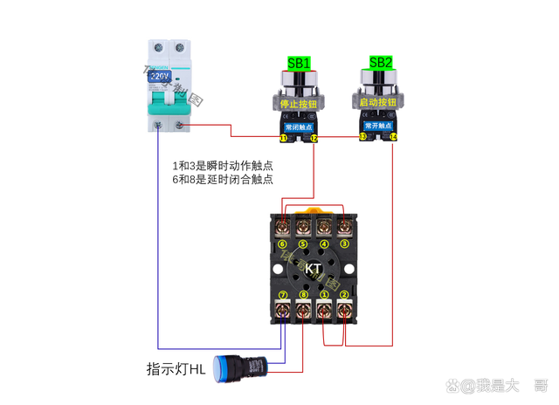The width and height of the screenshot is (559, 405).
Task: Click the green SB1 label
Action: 299,63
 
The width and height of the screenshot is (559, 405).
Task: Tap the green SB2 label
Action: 381,63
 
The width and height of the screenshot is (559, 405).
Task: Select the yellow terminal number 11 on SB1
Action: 284,138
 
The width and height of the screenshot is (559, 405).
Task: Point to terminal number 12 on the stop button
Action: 314,138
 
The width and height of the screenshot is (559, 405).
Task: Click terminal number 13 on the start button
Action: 362,138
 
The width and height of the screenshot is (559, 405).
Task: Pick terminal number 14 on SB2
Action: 393,138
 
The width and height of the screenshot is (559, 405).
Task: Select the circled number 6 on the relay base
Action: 283,244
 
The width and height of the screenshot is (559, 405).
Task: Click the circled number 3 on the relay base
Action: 344,244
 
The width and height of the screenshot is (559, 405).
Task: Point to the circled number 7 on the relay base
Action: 283,295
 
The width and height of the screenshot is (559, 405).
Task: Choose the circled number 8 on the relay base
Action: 304,295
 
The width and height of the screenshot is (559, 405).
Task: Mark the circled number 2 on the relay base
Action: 344,295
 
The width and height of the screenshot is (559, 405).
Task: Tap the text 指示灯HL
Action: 176,369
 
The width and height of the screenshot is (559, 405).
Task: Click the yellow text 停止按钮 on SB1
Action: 299,102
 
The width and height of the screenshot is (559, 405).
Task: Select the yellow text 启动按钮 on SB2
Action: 378,102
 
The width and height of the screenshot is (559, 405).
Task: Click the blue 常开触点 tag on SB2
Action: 378,126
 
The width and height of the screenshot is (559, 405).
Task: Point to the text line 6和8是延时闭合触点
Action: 223,180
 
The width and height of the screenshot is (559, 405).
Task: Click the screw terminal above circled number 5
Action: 304,228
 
